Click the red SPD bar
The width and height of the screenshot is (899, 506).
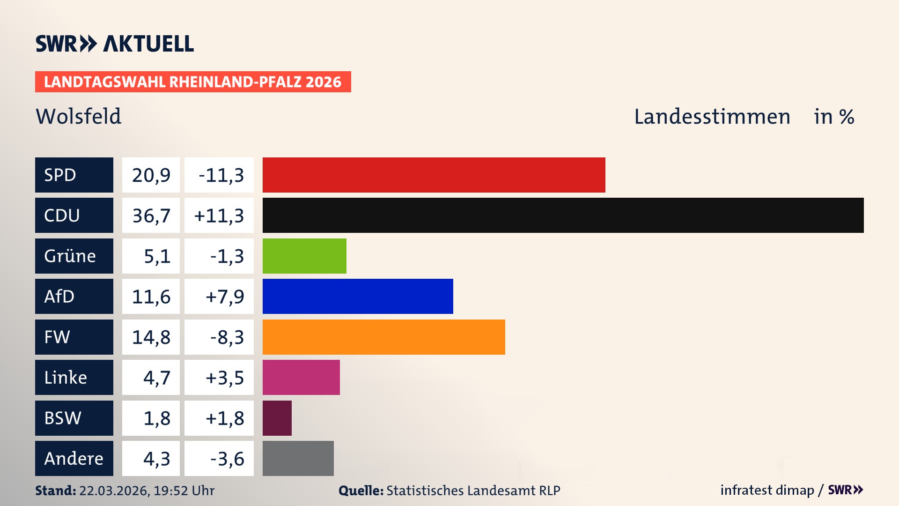click(x=434, y=175)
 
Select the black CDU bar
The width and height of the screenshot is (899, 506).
click(x=563, y=215)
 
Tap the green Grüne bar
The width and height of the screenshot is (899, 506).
click(x=304, y=256)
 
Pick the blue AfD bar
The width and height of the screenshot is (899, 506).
click(x=358, y=296)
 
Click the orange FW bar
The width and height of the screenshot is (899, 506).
click(x=383, y=337)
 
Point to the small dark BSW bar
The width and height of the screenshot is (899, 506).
click(x=277, y=418)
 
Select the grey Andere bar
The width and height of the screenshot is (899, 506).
click(x=298, y=458)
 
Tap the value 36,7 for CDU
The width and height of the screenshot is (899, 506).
click(x=151, y=216)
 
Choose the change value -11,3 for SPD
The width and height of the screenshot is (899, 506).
click(x=221, y=175)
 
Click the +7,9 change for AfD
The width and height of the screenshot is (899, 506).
click(x=224, y=297)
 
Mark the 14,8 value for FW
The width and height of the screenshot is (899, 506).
click(x=151, y=337)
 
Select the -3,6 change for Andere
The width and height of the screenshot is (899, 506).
click(x=227, y=459)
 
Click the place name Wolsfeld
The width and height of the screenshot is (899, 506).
click(x=78, y=116)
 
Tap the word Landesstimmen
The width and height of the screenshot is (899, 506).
click(x=712, y=116)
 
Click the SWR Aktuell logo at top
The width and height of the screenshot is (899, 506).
click(x=114, y=44)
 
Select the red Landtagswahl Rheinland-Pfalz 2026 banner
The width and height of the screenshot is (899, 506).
click(x=192, y=82)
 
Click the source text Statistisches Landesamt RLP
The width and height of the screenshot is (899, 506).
click(x=473, y=491)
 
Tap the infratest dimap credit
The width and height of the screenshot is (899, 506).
click(x=766, y=490)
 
